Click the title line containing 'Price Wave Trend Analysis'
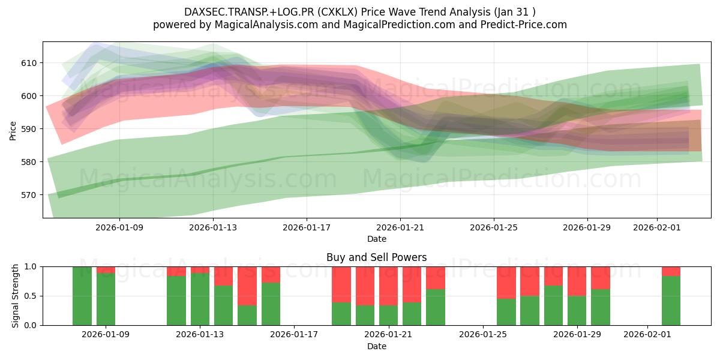coord(360,11)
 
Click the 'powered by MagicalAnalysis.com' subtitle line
coord(360,25)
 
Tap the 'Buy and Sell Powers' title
coord(376,257)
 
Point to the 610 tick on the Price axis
coord(29,63)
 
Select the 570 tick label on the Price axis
coord(29,195)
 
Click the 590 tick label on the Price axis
coord(29,129)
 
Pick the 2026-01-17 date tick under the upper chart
coord(307,227)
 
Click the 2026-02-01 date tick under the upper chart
coord(657,227)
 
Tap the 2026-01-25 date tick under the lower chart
coord(483,335)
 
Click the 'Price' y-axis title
coord(13,130)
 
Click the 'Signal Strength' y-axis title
coord(16,296)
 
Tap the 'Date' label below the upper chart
coord(376,239)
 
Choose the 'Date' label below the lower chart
coord(376,346)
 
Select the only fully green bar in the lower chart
coord(82,296)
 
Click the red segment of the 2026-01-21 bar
coord(389,286)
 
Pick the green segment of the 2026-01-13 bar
coord(200,299)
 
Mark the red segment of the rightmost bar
coord(671,271)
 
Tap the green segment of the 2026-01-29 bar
coord(577,311)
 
